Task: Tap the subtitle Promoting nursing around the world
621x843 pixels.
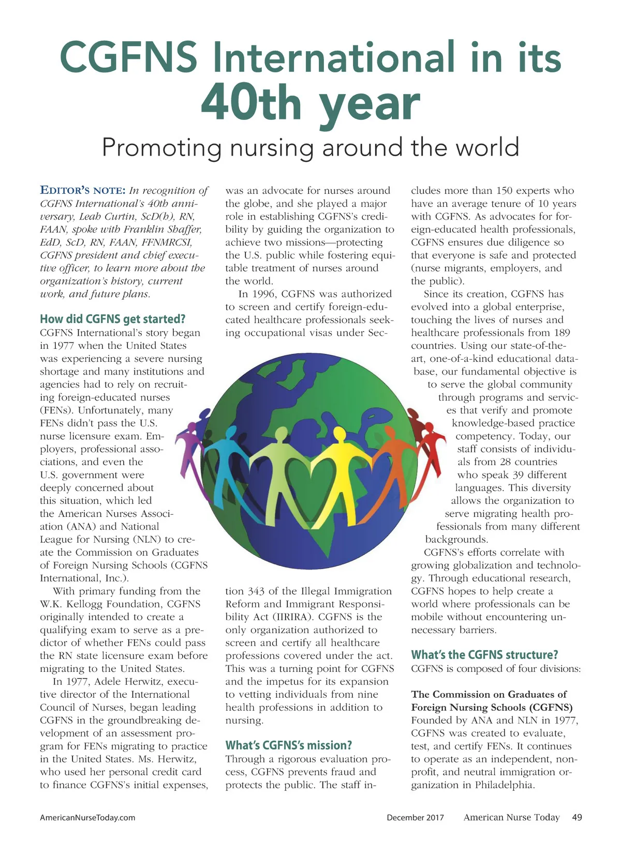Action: [310, 147]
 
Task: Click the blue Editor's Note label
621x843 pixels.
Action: [83, 190]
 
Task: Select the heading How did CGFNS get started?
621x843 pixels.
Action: [112, 319]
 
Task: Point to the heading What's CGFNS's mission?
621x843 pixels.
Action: [288, 745]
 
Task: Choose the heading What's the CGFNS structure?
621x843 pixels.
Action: [484, 655]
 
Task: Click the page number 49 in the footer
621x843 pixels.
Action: [577, 817]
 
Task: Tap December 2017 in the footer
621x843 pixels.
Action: [415, 818]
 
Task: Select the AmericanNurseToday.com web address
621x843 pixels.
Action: [87, 818]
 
